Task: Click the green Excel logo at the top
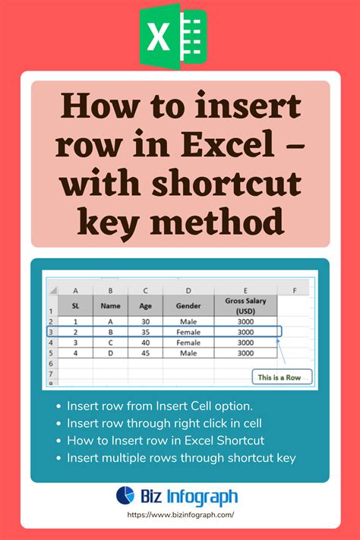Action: click(173, 36)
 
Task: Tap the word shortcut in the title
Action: click(226, 182)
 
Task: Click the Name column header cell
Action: click(110, 306)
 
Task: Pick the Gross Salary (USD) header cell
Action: click(245, 306)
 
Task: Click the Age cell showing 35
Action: click(145, 332)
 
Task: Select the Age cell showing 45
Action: click(145, 353)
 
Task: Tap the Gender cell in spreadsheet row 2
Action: click(188, 322)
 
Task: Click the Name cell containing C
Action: click(110, 343)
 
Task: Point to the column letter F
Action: click(295, 291)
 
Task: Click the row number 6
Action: click(51, 364)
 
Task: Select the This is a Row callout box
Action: click(282, 377)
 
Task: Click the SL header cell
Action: click(75, 306)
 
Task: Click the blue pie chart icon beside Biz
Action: click(125, 495)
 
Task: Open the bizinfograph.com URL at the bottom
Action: click(181, 515)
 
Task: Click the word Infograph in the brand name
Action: click(202, 497)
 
